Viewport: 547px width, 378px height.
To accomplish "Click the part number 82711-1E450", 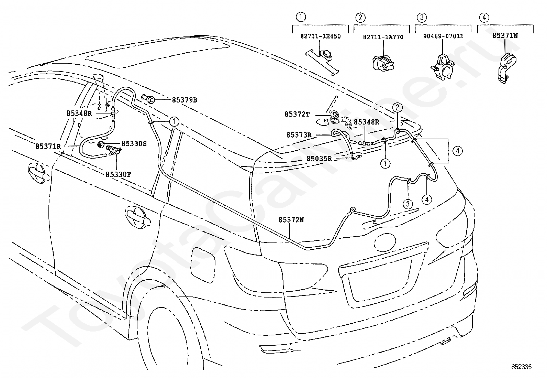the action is click(320, 36).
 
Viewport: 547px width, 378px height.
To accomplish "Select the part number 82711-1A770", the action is click(383, 37).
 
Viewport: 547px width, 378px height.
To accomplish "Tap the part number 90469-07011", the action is click(443, 36).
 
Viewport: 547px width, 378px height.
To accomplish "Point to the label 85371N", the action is click(505, 36).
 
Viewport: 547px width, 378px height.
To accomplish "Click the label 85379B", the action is click(185, 100).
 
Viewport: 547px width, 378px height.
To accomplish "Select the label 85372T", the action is click(297, 114).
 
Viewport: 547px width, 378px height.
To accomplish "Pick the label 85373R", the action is click(299, 135).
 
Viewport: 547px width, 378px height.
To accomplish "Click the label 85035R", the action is click(319, 159).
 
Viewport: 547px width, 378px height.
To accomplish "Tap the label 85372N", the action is click(291, 220).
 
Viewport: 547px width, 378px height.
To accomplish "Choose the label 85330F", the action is click(119, 175).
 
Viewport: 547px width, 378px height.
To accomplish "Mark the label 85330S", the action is click(134, 144).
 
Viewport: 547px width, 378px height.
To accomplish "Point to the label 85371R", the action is click(48, 147).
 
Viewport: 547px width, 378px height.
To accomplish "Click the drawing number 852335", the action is click(521, 367).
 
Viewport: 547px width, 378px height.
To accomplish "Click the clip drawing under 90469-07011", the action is click(443, 68).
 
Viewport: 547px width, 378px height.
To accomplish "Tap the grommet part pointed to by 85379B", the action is click(148, 99).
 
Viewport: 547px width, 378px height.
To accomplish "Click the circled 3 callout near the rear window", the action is click(408, 204).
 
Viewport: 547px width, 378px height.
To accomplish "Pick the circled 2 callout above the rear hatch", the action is click(397, 107).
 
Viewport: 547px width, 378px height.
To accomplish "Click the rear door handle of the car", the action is click(138, 218).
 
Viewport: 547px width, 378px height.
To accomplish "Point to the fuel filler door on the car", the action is click(203, 265).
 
